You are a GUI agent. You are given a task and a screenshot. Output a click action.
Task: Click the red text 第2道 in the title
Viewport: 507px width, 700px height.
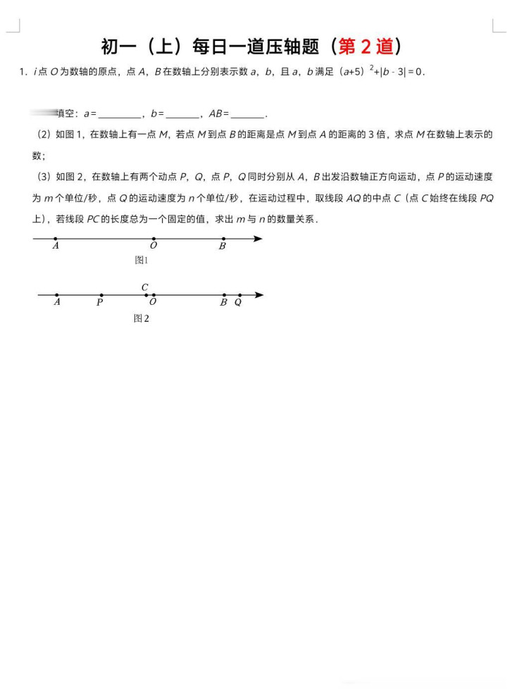click(x=366, y=47)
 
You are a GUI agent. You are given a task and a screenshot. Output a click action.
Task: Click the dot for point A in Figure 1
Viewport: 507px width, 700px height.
click(x=56, y=239)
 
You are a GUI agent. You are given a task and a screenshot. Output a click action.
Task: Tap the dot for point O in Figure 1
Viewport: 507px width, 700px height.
click(x=154, y=239)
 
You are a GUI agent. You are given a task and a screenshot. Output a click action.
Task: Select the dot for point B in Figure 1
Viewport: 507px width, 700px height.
click(x=223, y=239)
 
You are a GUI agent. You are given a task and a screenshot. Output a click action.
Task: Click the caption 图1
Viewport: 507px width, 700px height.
click(x=142, y=261)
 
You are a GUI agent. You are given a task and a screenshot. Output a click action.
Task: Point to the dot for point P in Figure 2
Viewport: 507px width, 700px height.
click(x=101, y=295)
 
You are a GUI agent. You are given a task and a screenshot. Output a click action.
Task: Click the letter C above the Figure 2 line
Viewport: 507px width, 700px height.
click(x=145, y=287)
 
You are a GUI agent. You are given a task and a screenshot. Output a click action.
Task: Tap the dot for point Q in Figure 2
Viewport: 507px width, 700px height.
click(x=239, y=295)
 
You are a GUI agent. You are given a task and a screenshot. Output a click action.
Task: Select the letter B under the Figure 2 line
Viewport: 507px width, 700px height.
click(x=223, y=302)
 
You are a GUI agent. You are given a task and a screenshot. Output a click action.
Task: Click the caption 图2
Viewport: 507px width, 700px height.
click(x=142, y=318)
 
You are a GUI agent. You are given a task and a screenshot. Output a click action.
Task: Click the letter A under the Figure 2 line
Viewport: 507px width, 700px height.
click(x=56, y=302)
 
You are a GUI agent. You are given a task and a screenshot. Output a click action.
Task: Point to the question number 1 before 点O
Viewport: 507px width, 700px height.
click(x=23, y=72)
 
